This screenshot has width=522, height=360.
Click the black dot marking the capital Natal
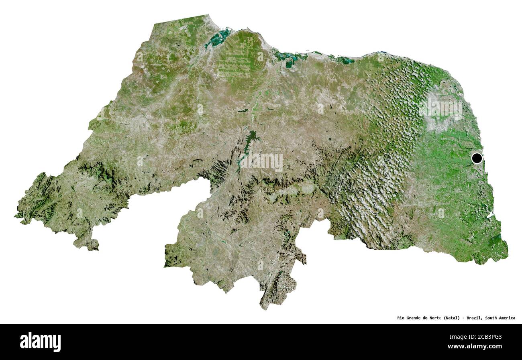(477, 158)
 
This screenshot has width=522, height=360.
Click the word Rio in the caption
(402, 318)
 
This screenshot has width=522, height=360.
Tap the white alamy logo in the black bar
(40, 342)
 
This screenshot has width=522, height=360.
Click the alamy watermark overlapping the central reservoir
(261, 161)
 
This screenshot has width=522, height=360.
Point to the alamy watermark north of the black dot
(441, 107)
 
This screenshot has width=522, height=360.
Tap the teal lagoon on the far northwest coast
(219, 38)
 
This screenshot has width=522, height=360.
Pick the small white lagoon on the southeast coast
(489, 216)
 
